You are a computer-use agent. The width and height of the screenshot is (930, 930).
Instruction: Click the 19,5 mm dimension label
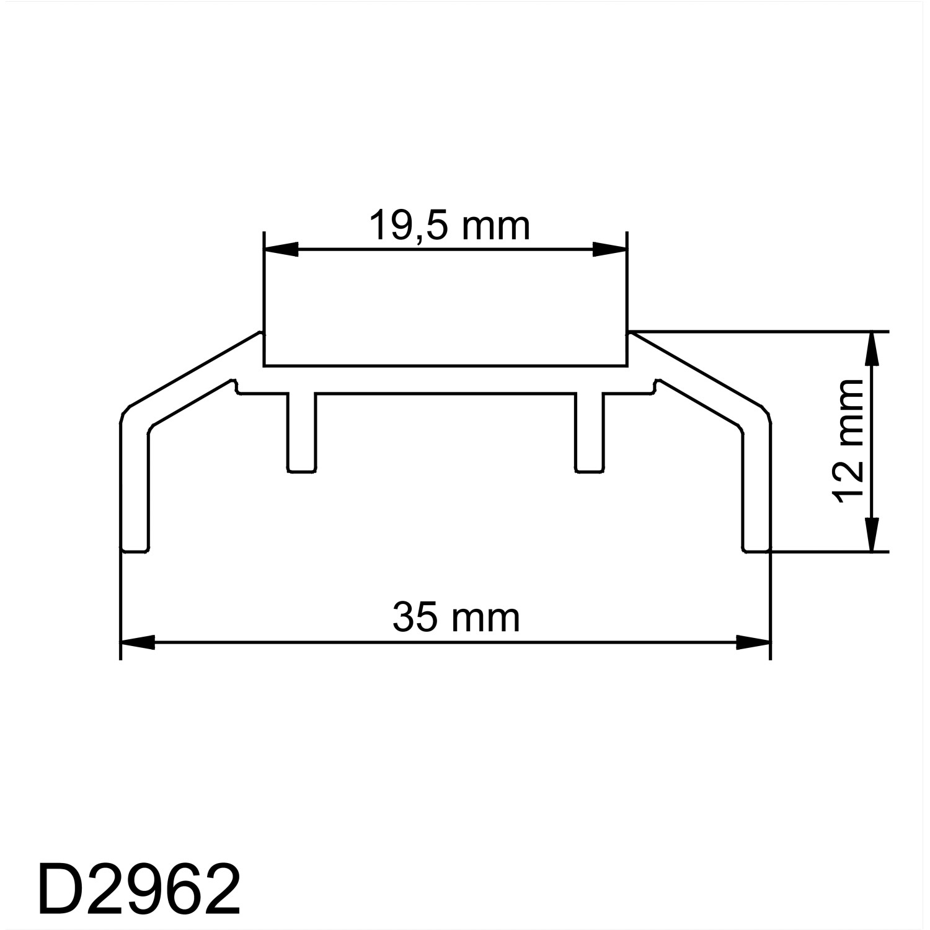tap(449, 226)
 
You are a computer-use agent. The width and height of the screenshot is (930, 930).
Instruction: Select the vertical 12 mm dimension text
tap(849, 441)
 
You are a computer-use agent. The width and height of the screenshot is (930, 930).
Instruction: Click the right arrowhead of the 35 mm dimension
tap(753, 643)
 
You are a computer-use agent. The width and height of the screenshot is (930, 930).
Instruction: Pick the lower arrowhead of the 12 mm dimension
tap(872, 534)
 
